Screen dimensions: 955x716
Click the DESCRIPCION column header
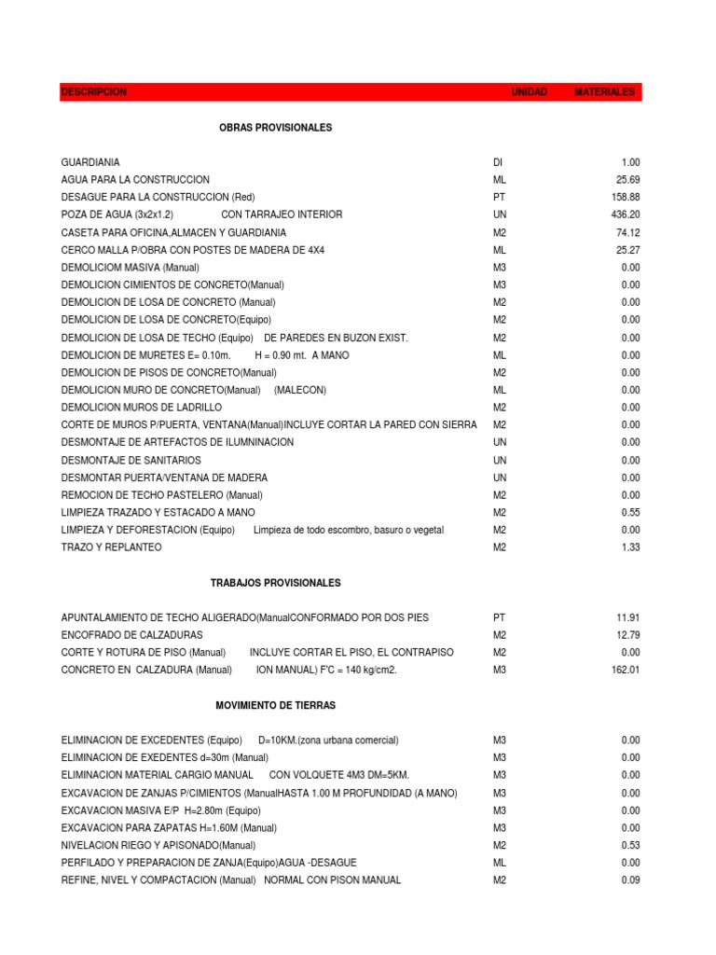click(x=94, y=92)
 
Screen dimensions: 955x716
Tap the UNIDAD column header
click(x=530, y=92)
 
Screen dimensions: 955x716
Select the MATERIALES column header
click(x=604, y=92)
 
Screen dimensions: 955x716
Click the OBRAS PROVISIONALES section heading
click(x=275, y=127)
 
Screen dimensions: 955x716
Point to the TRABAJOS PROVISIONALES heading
click(x=276, y=583)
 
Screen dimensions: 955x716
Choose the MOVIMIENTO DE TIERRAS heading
click(x=276, y=705)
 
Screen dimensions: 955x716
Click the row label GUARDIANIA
click(x=89, y=162)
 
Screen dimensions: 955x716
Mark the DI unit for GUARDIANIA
click(x=497, y=162)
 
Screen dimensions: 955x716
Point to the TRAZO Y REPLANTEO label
click(x=111, y=547)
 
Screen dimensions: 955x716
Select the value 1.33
click(x=630, y=547)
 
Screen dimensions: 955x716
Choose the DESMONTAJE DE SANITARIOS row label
click(x=131, y=460)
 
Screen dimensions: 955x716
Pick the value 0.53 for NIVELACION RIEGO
click(x=630, y=845)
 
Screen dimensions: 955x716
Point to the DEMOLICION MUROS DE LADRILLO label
click(x=142, y=408)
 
